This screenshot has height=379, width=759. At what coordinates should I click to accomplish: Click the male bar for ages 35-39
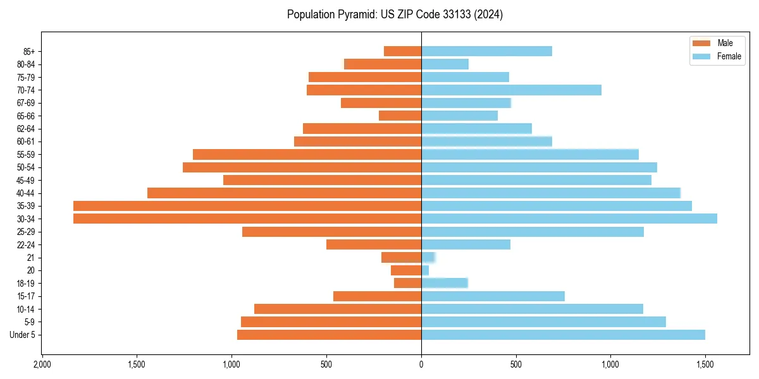tap(247, 206)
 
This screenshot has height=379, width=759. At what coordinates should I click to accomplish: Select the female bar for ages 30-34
tap(569, 219)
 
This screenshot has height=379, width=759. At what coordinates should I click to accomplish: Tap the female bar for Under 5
tap(563, 335)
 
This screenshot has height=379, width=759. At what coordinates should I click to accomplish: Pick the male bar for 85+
tap(402, 51)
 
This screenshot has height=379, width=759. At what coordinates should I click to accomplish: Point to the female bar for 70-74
tap(511, 90)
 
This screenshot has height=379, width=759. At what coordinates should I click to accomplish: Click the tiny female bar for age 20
tap(425, 270)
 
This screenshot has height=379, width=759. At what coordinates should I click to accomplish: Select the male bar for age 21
tap(401, 257)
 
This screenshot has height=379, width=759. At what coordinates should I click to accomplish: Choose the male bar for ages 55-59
tap(307, 154)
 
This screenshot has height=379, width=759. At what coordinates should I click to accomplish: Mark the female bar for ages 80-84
tap(445, 64)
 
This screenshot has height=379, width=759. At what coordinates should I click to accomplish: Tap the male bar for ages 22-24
tap(374, 244)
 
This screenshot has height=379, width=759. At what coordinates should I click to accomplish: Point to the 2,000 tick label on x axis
tap(42, 364)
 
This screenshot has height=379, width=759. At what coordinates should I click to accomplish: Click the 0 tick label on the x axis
tap(421, 364)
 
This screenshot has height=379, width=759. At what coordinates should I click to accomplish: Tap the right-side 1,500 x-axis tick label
tap(705, 364)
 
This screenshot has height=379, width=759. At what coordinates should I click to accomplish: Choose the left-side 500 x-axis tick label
tap(326, 364)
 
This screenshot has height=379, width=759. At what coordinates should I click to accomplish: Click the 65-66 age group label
tap(26, 116)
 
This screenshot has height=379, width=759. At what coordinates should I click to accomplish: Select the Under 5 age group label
tap(22, 335)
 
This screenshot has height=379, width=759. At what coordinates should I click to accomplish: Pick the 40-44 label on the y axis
tap(26, 193)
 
